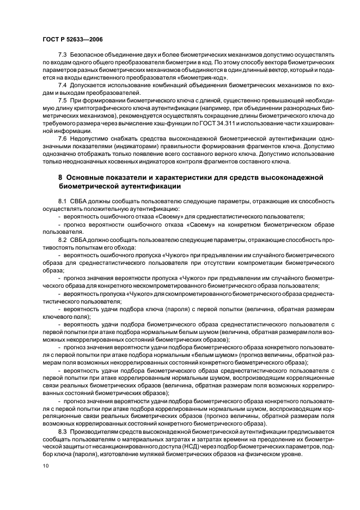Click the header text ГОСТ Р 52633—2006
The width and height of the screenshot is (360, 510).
coord(72,40)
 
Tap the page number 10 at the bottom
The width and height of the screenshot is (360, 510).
coord(46,466)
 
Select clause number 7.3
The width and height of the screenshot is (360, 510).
coord(62,56)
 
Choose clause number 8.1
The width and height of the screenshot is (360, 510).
coord(62,201)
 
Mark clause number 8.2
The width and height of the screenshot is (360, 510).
coord(62,239)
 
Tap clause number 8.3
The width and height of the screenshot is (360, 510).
coord(62,430)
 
